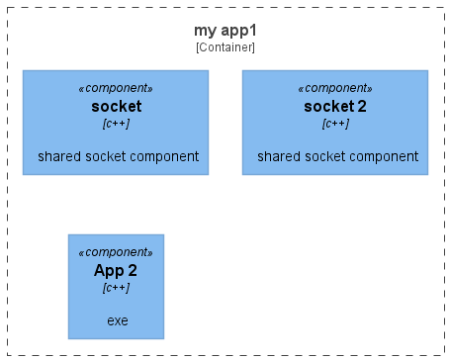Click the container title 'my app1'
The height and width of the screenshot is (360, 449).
pyautogui.click(x=224, y=31)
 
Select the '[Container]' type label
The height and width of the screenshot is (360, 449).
pyautogui.click(x=224, y=46)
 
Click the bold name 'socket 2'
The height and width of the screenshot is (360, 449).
pyautogui.click(x=335, y=106)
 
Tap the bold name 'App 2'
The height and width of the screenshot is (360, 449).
pyautogui.click(x=116, y=270)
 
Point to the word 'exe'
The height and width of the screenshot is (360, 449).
pyautogui.click(x=117, y=321)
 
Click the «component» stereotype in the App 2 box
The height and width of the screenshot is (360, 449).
pyautogui.click(x=116, y=252)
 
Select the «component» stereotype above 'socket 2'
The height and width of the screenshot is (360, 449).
pyautogui.click(x=335, y=88)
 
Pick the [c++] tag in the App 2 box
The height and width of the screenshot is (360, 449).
pyautogui.click(x=116, y=287)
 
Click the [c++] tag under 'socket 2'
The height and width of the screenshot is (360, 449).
pyautogui.click(x=335, y=123)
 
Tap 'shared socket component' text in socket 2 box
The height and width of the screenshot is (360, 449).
pyautogui.click(x=337, y=156)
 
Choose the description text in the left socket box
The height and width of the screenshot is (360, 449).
pyautogui.click(x=118, y=156)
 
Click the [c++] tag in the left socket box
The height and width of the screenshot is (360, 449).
pyautogui.click(x=116, y=123)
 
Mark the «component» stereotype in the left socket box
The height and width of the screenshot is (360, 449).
pyautogui.click(x=116, y=88)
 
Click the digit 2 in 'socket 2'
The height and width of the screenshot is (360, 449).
pyautogui.click(x=362, y=106)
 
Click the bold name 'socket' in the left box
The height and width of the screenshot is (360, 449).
pyautogui.click(x=116, y=106)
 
